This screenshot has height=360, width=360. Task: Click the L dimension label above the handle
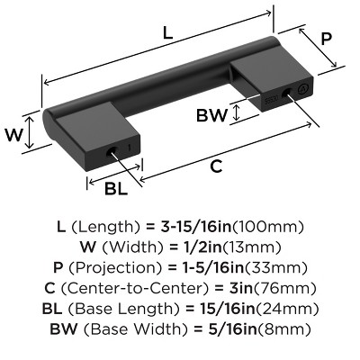click(167, 33)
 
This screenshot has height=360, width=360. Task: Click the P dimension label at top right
click(327, 40)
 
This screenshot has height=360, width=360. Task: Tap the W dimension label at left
click(13, 136)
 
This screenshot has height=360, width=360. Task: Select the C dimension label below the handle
click(216, 166)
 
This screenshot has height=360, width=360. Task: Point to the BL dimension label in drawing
click(116, 187)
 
